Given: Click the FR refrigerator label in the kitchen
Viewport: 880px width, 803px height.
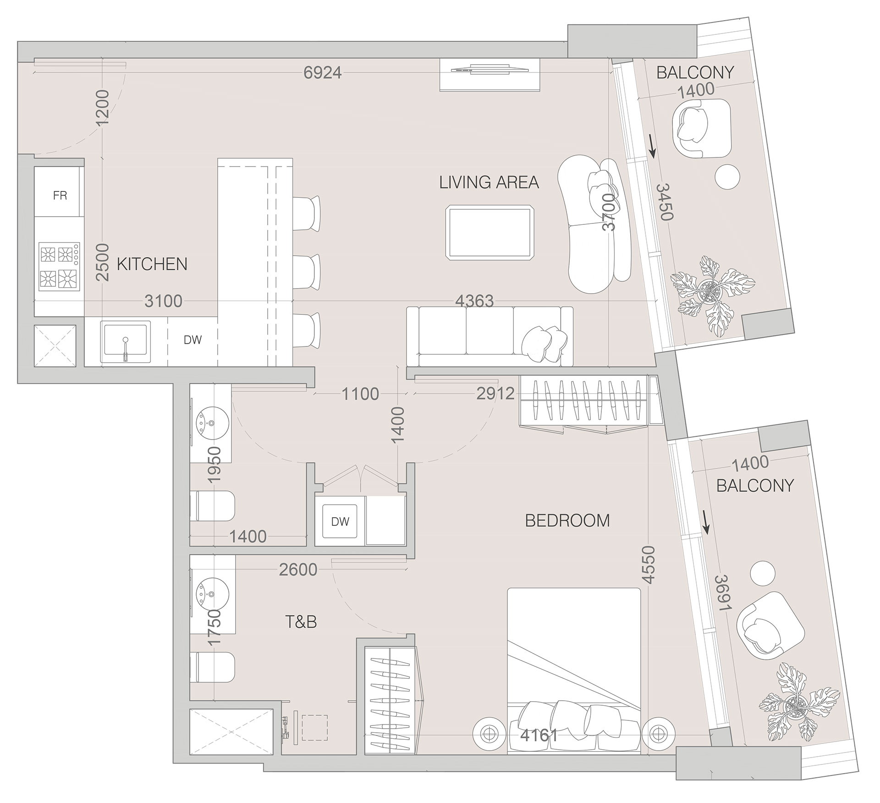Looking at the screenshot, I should tap(60, 195).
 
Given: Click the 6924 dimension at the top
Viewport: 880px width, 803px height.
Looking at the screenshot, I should tap(323, 72).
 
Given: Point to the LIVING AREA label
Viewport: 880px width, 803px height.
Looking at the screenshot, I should tap(489, 183).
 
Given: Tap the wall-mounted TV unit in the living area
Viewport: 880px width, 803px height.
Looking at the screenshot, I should tap(490, 75).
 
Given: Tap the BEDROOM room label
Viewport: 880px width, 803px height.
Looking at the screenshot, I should tap(567, 521).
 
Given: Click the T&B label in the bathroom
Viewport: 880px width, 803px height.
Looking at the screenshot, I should tap(301, 622).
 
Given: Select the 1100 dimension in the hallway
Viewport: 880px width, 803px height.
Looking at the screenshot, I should tap(360, 394).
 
